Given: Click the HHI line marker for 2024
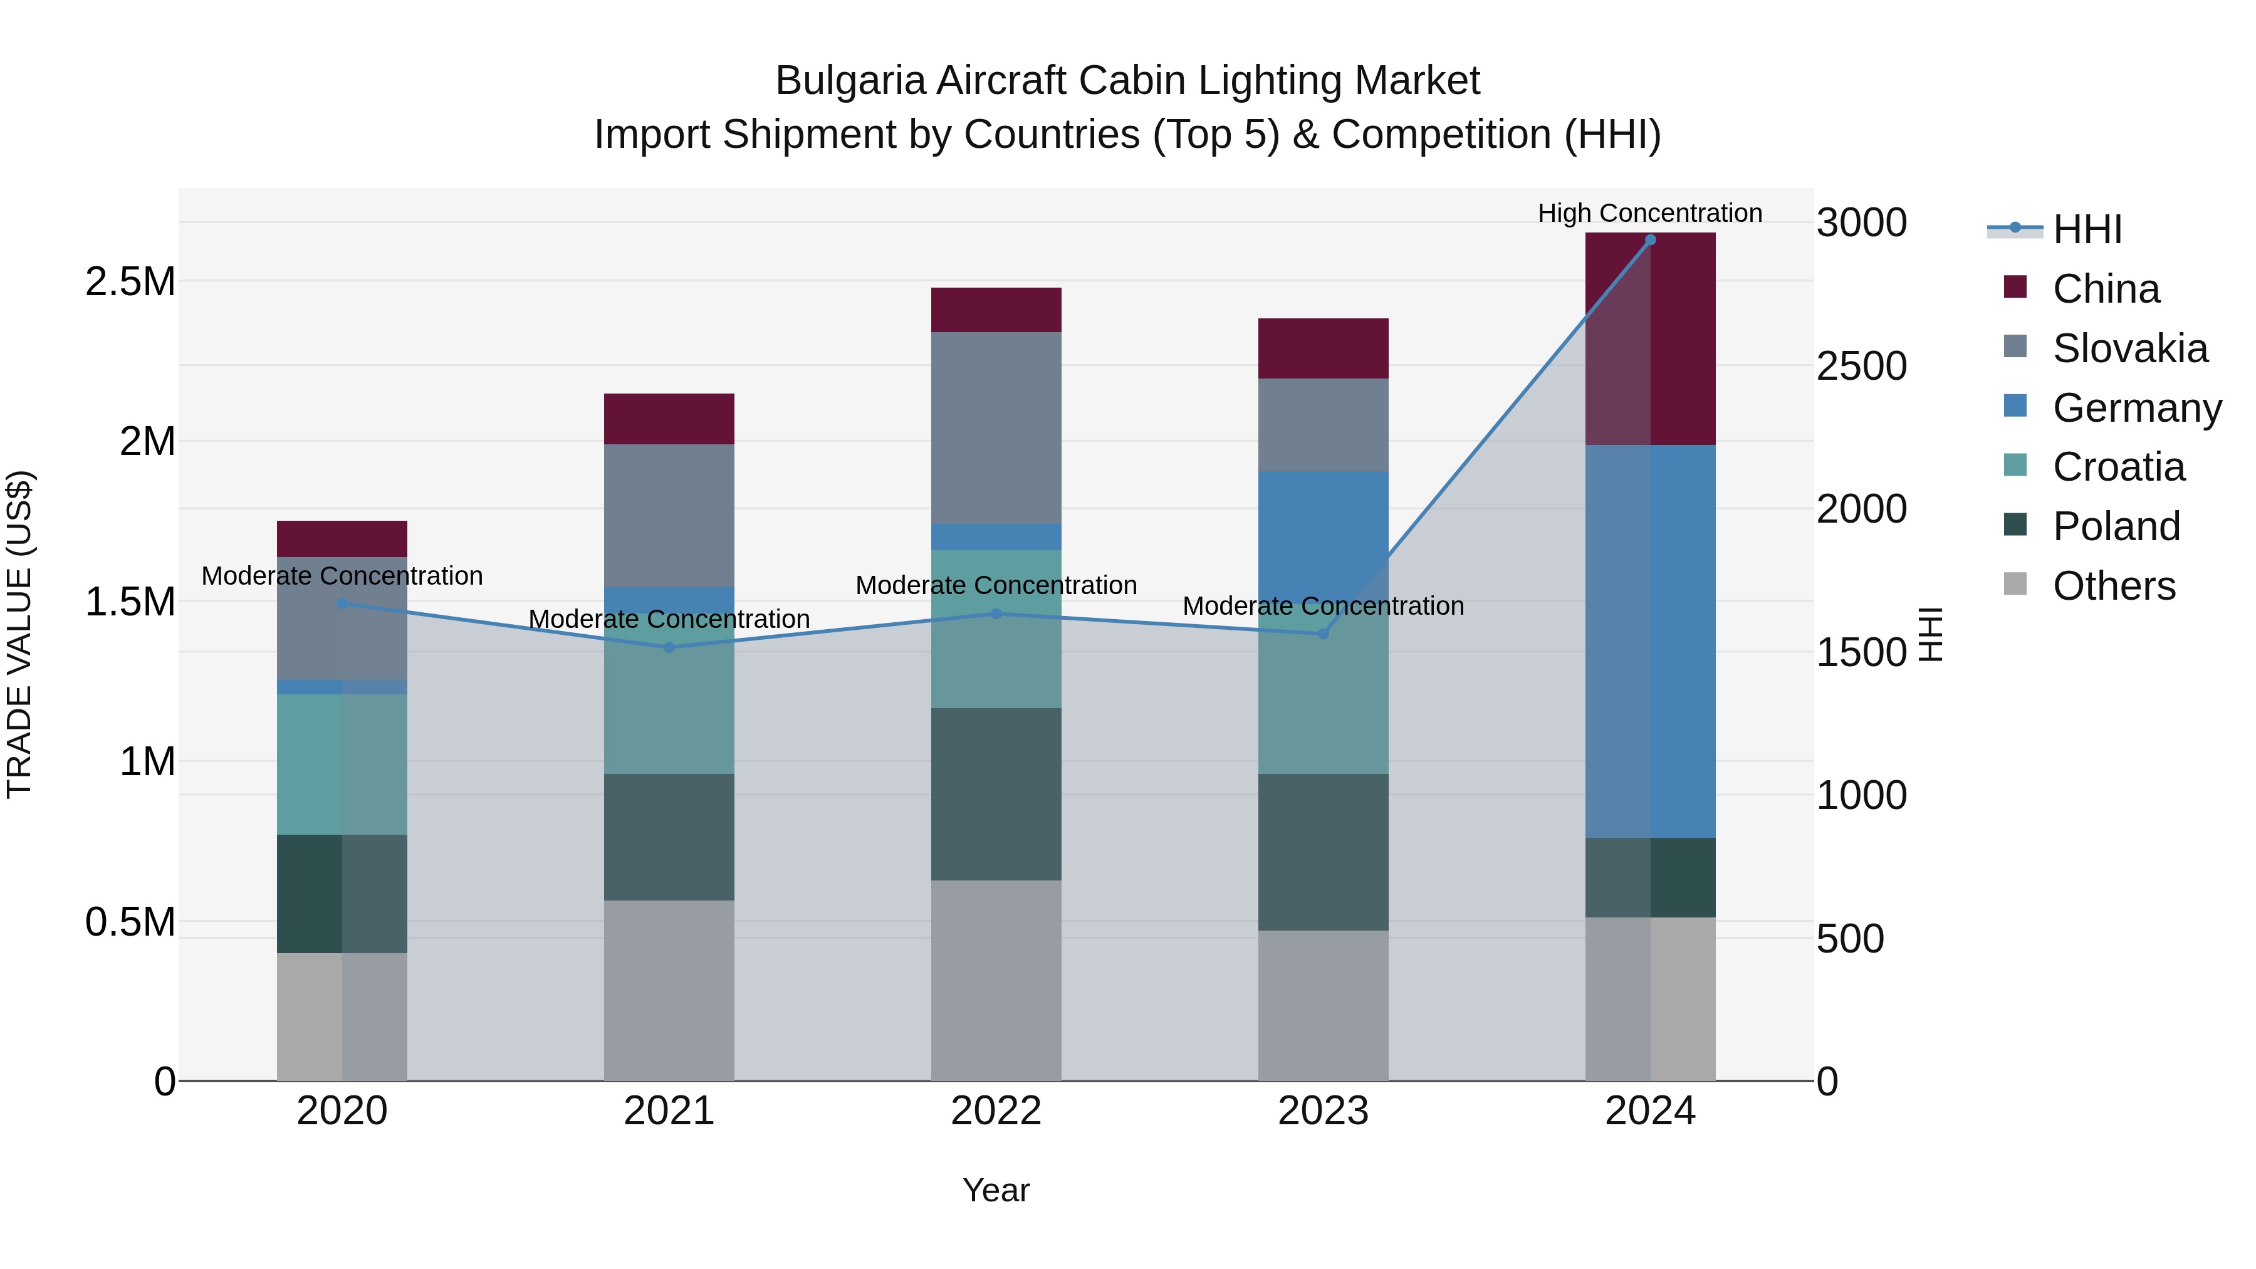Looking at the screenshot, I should (x=1650, y=240).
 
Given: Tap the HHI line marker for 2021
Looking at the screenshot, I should (x=669, y=647).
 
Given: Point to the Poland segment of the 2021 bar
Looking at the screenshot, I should (x=669, y=837).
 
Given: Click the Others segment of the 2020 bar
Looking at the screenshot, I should (x=342, y=1016).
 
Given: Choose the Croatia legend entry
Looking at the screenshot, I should (x=2118, y=467).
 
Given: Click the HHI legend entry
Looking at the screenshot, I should (x=2087, y=229).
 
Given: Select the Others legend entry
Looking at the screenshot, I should (x=2113, y=586).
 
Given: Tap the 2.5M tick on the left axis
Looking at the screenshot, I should (x=130, y=282).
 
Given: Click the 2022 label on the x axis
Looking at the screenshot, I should (x=996, y=1111).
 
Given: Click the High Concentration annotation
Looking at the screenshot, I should (x=1650, y=213).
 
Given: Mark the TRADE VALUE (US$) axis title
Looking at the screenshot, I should (x=19, y=634).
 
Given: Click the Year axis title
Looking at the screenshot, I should (x=996, y=1190).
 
